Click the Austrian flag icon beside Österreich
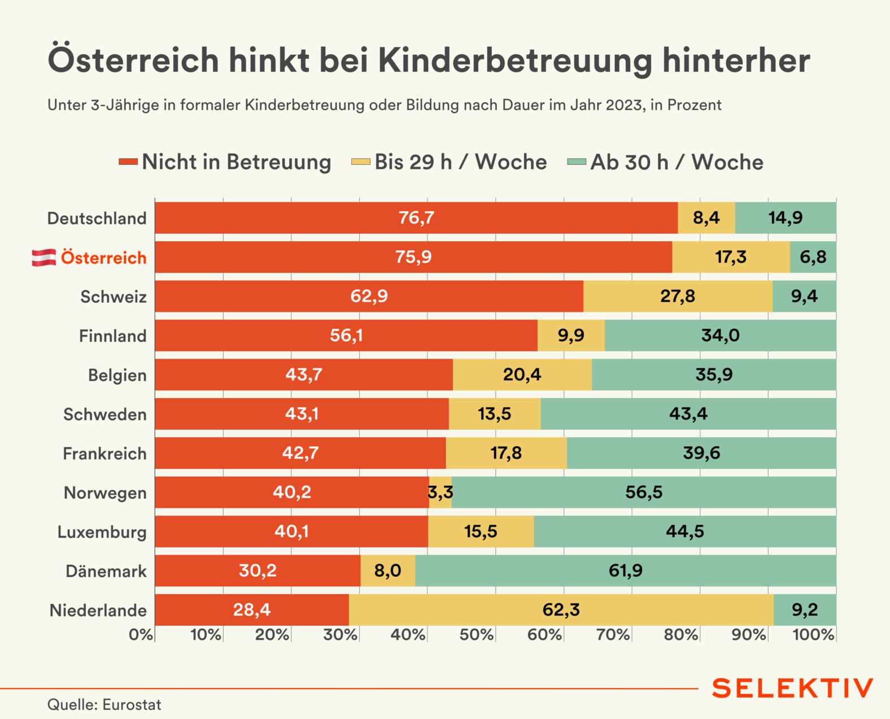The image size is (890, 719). (43, 258)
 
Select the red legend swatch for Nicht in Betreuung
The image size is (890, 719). (128, 162)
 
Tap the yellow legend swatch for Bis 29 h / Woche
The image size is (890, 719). (361, 162)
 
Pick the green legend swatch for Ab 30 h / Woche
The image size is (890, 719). (577, 162)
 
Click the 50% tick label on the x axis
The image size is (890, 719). (476, 635)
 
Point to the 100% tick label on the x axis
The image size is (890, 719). (813, 635)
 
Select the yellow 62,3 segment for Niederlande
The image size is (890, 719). (561, 610)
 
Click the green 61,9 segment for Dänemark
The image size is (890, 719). (625, 570)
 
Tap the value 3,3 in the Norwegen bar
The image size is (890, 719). (440, 492)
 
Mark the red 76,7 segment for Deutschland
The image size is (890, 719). (416, 218)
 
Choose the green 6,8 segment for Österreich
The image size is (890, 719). (813, 257)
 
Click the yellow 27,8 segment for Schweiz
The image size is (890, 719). (678, 297)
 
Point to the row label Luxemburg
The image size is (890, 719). (102, 532)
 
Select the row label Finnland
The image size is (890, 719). (112, 336)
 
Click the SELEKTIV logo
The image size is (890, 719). (792, 689)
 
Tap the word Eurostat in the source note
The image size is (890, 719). (132, 705)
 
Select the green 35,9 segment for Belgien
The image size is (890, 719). (714, 374)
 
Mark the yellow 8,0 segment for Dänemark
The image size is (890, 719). (387, 570)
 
